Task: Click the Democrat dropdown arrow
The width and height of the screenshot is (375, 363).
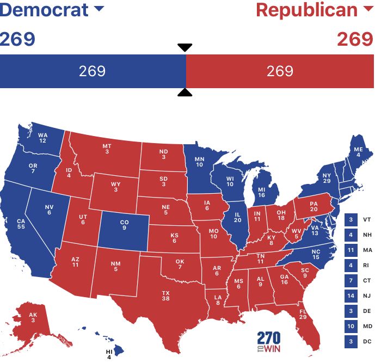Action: click(x=99, y=9)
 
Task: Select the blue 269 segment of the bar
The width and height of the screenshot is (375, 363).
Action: click(x=93, y=71)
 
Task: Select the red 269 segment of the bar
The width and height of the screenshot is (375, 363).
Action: click(x=280, y=71)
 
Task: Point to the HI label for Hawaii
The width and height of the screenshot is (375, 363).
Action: click(x=109, y=352)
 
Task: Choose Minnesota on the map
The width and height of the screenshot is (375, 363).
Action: click(x=200, y=162)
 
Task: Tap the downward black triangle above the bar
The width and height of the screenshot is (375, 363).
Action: click(x=185, y=47)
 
